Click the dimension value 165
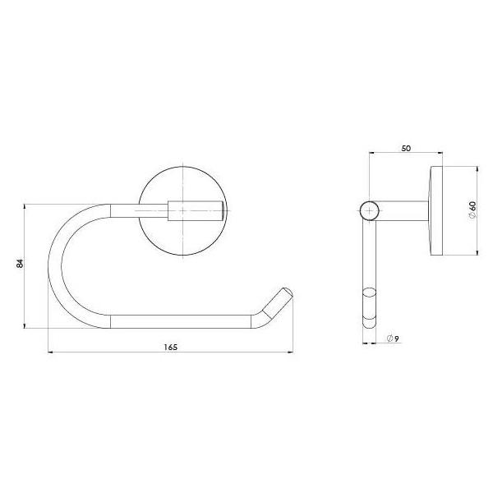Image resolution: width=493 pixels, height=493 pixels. click(x=170, y=347)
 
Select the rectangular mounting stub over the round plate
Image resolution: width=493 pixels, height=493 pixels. click(x=196, y=210)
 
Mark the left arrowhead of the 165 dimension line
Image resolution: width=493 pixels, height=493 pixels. click(x=53, y=353)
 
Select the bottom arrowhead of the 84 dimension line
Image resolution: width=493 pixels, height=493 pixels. click(x=27, y=325)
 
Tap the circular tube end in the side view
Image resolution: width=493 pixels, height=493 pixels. click(x=371, y=211)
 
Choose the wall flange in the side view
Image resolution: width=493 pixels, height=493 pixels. click(x=434, y=210)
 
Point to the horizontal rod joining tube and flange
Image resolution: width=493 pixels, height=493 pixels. click(x=403, y=211)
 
